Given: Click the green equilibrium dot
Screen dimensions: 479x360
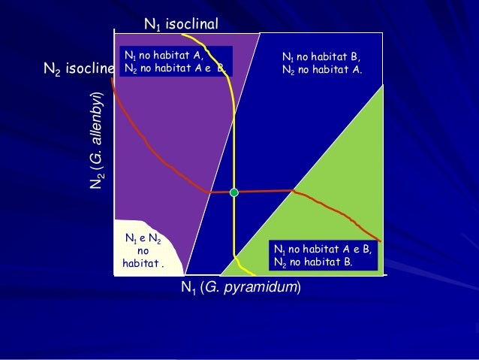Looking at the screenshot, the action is [233, 193].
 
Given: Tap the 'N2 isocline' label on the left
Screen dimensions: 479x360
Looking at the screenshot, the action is [79, 70].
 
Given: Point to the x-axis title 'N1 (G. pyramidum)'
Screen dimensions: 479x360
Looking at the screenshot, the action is [240, 287].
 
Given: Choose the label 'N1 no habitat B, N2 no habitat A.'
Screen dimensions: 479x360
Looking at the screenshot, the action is [321, 63].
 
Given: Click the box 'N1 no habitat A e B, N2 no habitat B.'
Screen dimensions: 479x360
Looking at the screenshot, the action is [324, 255].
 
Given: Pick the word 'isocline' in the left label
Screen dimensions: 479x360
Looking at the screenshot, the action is [89, 70].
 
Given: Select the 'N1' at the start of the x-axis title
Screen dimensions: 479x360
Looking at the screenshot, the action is [188, 287].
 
